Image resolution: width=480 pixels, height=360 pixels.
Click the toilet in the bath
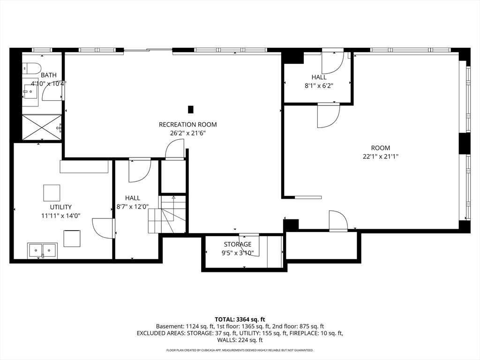(x=32, y=68)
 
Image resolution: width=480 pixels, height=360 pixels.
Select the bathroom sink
(x=30, y=92)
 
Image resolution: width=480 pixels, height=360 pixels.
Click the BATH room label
(x=49, y=75)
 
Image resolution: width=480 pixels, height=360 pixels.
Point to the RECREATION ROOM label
(x=187, y=125)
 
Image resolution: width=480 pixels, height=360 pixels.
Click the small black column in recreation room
(x=191, y=109)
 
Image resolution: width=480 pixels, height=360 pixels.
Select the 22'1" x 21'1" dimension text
(x=381, y=157)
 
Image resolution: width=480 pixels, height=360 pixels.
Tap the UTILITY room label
(x=60, y=207)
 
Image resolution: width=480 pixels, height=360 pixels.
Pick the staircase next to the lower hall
(x=167, y=214)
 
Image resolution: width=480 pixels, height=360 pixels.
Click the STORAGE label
(x=238, y=244)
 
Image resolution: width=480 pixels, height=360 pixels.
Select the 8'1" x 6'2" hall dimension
(x=319, y=86)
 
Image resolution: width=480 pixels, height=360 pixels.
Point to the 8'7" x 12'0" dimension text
(x=132, y=207)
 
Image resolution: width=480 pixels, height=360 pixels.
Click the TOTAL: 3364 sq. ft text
(x=240, y=320)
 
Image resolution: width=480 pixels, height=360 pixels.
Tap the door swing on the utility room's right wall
(x=103, y=228)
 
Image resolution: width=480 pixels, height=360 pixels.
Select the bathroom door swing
(x=52, y=90)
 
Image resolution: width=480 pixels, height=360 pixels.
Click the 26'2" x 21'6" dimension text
(x=187, y=133)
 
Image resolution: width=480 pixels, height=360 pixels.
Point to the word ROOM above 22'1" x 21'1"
(x=381, y=148)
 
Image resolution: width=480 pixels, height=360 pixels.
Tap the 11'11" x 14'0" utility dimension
(x=60, y=216)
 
